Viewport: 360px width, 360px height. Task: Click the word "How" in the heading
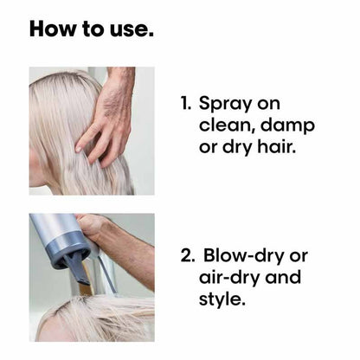tap(54, 29)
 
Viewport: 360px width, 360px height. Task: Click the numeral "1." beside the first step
tap(186, 103)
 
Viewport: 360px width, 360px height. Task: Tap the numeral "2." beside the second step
tap(188, 255)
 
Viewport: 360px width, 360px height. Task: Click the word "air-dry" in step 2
tap(229, 278)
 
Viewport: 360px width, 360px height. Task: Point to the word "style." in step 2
tap(222, 299)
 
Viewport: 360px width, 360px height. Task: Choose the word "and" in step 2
tap(283, 277)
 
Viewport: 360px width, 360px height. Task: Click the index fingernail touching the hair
tap(78, 149)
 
